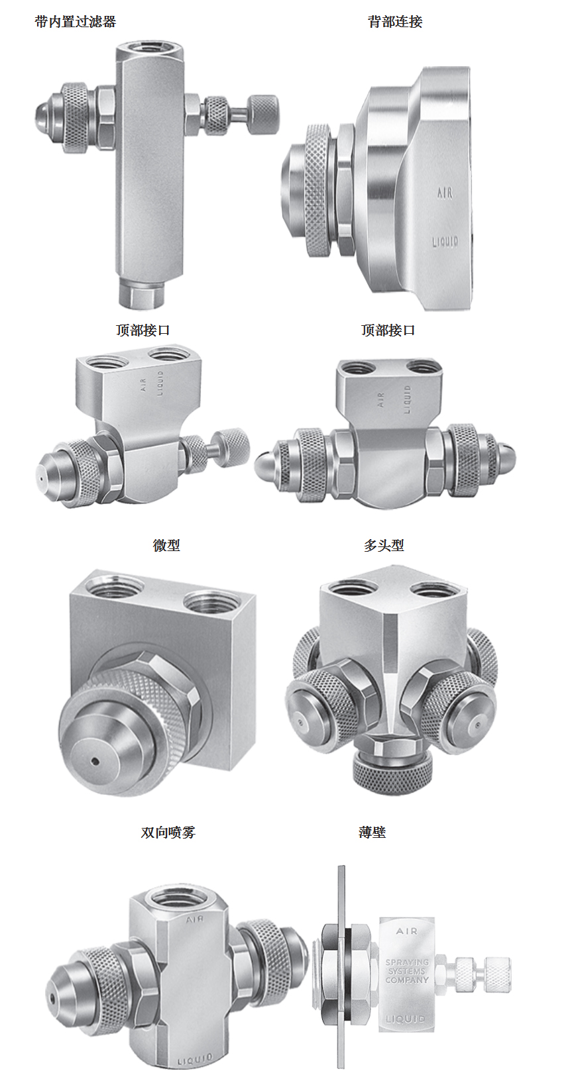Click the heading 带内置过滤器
76,22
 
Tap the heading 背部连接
395,22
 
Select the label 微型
166,545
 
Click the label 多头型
384,545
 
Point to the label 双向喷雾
168,832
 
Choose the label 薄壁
372,832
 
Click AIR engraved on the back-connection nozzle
445,193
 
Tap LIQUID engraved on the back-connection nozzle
445,241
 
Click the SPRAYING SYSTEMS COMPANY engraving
407,971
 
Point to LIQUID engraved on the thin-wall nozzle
406,1019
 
